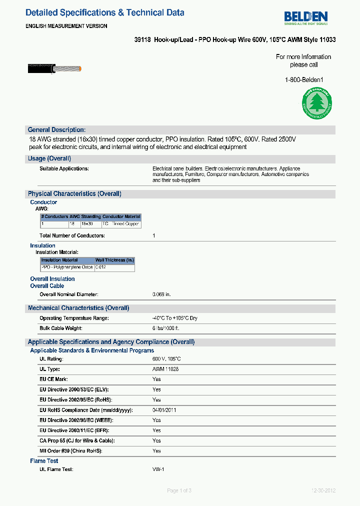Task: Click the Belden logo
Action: coord(305,17)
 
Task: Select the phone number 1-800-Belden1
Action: coord(304,79)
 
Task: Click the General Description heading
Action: coord(56,129)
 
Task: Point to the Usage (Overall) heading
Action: coord(49,158)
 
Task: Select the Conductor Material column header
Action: coord(121,217)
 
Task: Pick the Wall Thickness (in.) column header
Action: coord(114,260)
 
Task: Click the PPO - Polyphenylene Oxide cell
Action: coord(67,267)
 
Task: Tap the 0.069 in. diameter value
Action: coord(161,294)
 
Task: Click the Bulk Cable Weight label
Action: coord(60,328)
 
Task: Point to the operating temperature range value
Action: coord(174,318)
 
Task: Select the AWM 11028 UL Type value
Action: coord(165,369)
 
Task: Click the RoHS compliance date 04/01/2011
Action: coord(164,410)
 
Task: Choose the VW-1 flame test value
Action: coord(158,469)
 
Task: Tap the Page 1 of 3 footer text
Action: coord(179,490)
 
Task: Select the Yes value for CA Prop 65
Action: coord(156,440)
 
